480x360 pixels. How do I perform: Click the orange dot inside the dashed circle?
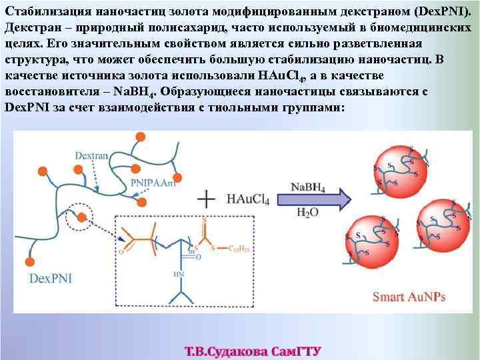pos(82,217)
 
